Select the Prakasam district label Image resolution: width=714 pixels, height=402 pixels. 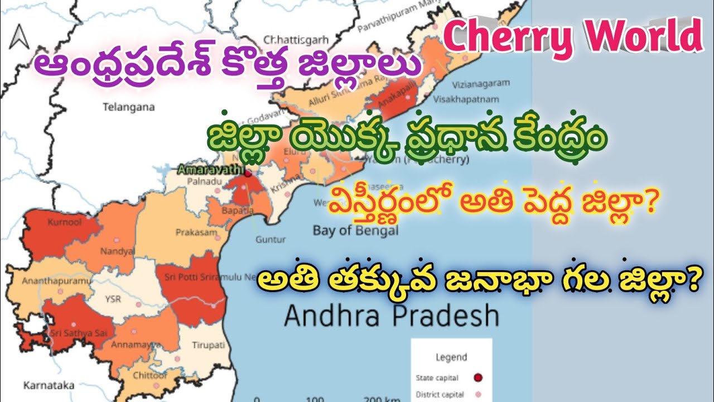192,232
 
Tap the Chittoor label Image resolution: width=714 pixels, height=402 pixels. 146,375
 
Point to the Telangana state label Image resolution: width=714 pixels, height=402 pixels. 128,107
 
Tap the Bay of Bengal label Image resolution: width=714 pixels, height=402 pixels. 355,229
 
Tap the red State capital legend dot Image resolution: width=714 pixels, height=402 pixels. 477,378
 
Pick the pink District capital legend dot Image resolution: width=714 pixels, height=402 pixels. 477,395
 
